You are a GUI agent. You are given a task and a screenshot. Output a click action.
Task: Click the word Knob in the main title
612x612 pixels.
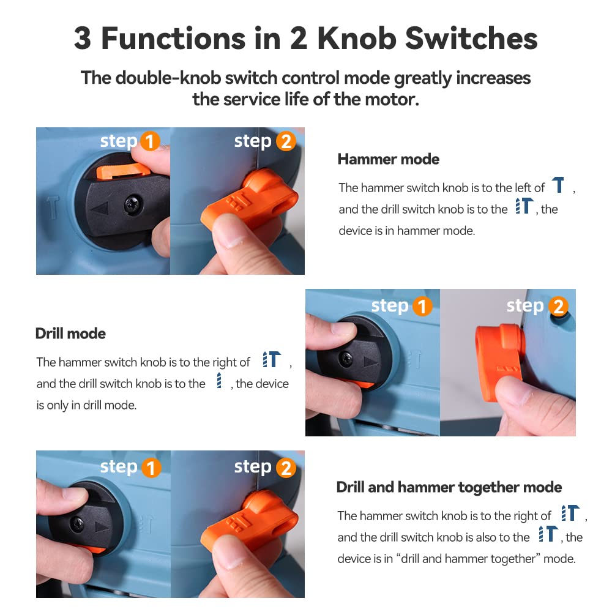[357, 38]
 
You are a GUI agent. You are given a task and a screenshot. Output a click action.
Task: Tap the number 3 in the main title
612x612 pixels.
[83, 38]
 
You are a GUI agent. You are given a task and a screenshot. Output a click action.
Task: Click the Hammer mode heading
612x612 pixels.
[389, 159]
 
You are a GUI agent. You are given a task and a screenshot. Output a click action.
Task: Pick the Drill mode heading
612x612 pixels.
[70, 334]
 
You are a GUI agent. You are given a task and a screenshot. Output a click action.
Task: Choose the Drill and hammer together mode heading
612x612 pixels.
[449, 487]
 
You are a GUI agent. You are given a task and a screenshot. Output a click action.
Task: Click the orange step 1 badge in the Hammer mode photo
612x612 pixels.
[150, 141]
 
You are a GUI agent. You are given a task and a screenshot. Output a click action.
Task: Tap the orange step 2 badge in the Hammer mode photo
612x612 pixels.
[286, 141]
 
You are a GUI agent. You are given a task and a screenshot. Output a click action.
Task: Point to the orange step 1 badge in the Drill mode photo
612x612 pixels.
[422, 307]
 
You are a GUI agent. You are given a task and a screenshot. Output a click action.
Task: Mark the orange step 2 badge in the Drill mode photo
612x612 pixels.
[558, 307]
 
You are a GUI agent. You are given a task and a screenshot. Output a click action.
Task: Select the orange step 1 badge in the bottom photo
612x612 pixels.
[151, 468]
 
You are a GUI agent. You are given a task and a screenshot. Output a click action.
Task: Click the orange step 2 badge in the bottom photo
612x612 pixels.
[286, 468]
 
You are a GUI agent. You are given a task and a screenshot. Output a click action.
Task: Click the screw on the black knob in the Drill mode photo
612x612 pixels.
[346, 358]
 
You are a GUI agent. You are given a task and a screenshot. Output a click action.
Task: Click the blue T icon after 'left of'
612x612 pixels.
[558, 185]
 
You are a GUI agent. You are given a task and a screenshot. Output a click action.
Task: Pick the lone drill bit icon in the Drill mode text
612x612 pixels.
[219, 380]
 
